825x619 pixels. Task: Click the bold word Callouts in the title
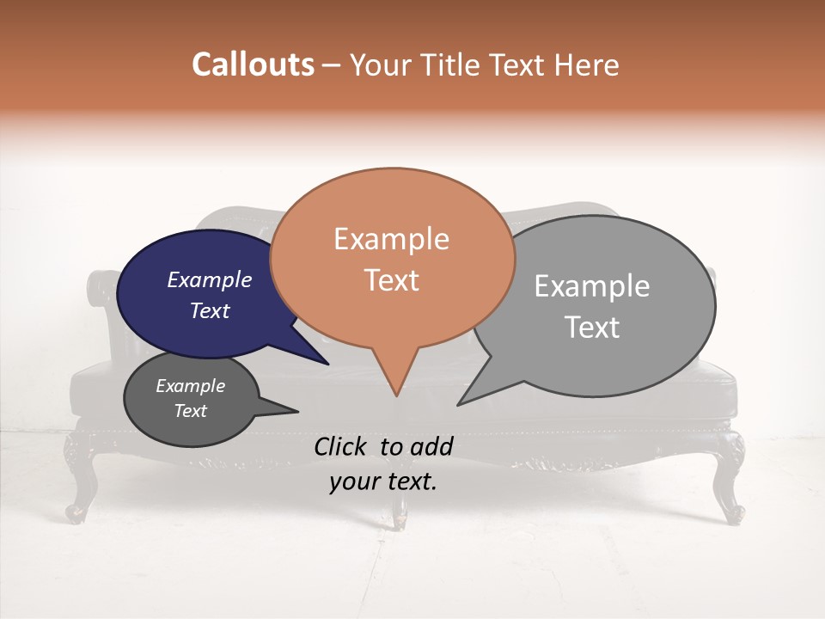(253, 65)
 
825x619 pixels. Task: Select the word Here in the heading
(589, 65)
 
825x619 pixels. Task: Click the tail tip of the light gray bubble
(460, 403)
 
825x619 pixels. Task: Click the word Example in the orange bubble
(391, 239)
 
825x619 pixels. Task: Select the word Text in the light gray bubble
(592, 328)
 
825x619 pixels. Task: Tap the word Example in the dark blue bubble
(209, 280)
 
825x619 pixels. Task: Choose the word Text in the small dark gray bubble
(190, 411)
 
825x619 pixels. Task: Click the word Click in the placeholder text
(339, 446)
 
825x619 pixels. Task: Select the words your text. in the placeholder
(383, 481)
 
